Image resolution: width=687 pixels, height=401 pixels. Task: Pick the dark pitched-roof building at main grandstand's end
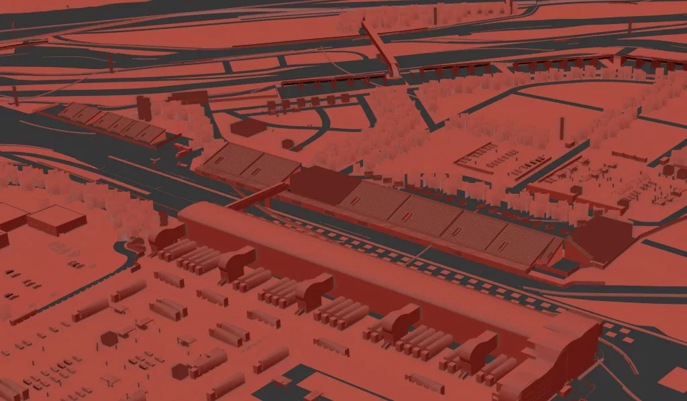click(x=600, y=240)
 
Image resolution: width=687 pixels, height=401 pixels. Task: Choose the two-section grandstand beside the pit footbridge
click(x=248, y=164)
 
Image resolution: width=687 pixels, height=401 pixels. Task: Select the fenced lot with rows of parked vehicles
click(x=500, y=158)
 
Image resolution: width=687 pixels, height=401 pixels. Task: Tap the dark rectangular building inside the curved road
click(x=248, y=127)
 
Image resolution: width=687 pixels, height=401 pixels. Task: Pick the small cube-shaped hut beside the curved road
click(x=288, y=144)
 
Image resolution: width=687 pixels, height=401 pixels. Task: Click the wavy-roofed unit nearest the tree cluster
click(x=166, y=236)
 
